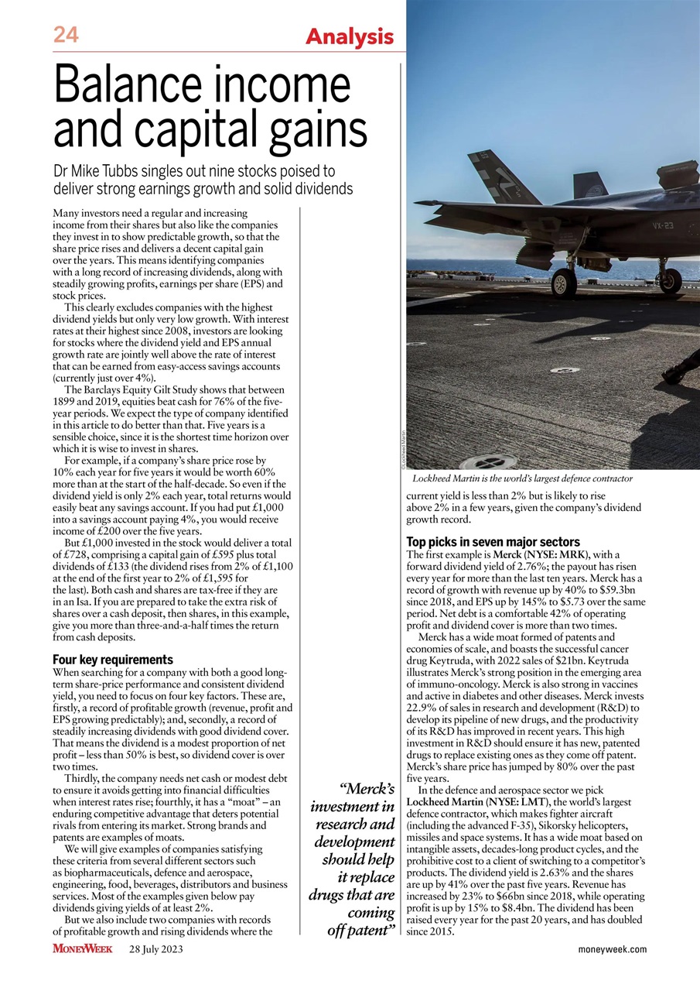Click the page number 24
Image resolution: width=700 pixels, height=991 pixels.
click(x=67, y=34)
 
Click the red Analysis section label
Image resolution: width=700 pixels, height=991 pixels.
click(x=350, y=36)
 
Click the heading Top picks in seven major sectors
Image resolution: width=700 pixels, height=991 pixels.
click(x=493, y=541)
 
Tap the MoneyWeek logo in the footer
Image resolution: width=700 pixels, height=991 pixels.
click(x=83, y=948)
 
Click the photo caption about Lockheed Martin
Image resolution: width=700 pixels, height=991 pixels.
click(x=522, y=479)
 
